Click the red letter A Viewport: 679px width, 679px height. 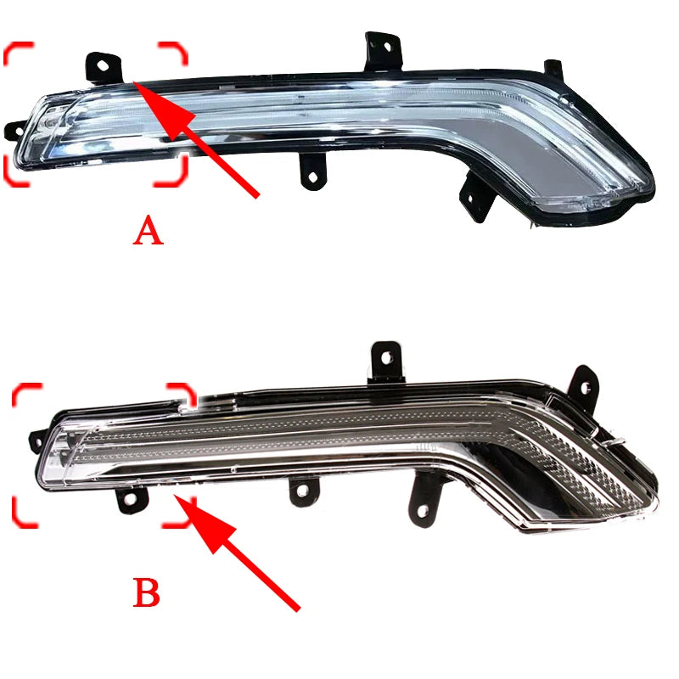[x=148, y=231]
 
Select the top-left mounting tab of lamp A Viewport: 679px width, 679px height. [x=104, y=68]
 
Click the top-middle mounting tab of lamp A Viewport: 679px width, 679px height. [x=384, y=51]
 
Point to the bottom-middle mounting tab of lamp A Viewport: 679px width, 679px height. [x=312, y=172]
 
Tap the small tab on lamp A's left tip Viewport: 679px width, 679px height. [x=14, y=131]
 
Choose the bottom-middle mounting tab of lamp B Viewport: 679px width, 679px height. [x=304, y=491]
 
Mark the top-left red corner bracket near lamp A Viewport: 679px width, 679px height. [x=15, y=51]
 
